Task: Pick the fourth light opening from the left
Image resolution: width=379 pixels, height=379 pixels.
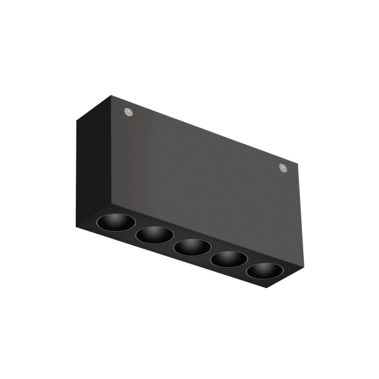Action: (227, 258)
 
